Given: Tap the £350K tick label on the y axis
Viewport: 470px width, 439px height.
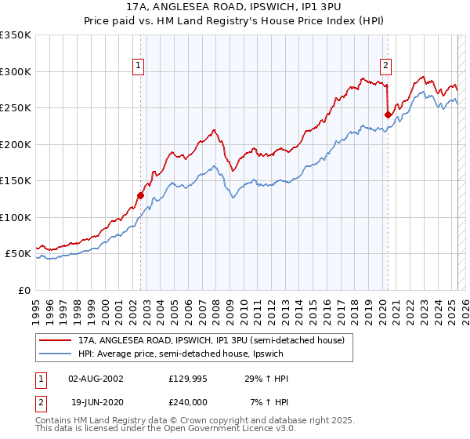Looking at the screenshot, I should click(16, 35).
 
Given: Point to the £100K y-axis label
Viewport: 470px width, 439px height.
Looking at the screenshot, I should click(16, 217).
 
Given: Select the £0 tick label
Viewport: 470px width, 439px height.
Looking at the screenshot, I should click(24, 290).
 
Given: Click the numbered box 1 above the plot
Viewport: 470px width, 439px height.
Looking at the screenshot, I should click(138, 67).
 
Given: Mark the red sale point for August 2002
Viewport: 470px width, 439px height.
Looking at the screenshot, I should click(141, 195).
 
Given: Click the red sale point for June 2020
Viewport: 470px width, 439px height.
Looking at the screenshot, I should click(388, 115).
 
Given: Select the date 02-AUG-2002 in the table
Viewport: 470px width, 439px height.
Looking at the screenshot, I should click(96, 379).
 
